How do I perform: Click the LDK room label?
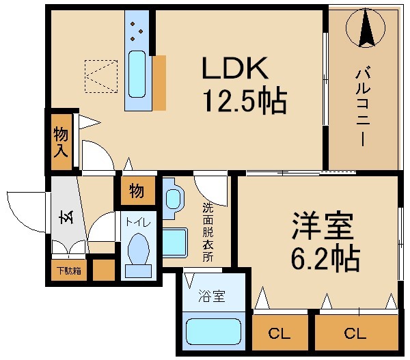pos(235,68)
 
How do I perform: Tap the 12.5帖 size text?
pos(245,100)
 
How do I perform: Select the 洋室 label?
pos(323,225)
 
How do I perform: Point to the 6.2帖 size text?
pos(325,258)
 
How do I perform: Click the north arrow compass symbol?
pos(366,27)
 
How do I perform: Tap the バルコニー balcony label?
pos(363,107)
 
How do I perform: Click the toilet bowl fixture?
pos(138,249)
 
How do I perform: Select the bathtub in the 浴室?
pos(213,332)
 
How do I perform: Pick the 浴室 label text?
pos(212,296)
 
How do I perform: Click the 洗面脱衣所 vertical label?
pos(208,232)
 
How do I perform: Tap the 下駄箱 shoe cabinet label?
pos(69,271)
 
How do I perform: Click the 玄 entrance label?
pos(66,217)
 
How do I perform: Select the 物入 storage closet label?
pos(61,142)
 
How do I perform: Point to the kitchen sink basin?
pos(137,74)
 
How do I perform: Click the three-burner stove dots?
pos(137,31)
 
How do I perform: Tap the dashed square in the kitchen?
pos(101,77)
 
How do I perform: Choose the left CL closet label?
pos(279,333)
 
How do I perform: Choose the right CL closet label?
pos(355,333)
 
